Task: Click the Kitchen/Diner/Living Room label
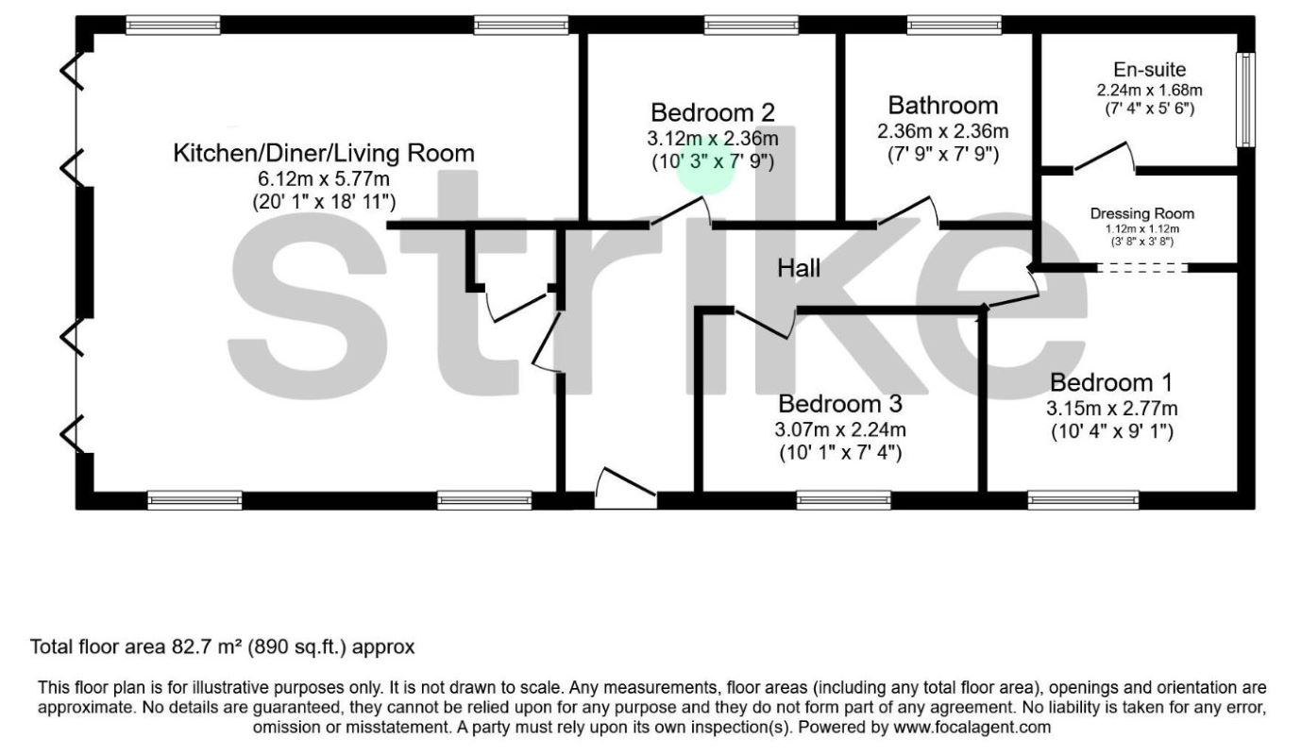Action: point(324,153)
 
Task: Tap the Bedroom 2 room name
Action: point(713,113)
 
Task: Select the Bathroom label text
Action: point(942,106)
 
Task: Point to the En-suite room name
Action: point(1149,69)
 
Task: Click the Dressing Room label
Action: point(1142,214)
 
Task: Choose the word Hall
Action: point(799,269)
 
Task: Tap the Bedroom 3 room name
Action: point(840,405)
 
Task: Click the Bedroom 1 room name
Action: point(1111,383)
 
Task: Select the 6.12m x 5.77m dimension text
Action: point(324,177)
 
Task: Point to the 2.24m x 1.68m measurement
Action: point(1149,91)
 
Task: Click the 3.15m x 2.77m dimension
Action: point(1111,409)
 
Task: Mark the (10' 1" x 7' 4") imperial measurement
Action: point(840,453)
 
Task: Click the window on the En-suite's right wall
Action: point(1247,99)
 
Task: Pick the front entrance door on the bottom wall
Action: point(626,491)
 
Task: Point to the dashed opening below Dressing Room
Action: point(1142,268)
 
